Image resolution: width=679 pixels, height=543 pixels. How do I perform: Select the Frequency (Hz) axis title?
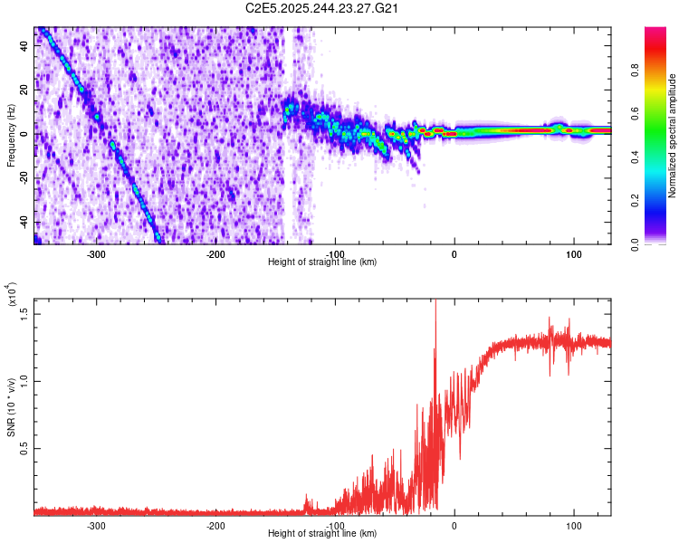12,136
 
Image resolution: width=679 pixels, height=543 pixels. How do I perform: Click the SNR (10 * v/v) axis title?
12,406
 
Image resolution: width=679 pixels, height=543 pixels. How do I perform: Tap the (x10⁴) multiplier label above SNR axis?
12,295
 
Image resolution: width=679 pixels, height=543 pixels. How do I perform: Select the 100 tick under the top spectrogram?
574,254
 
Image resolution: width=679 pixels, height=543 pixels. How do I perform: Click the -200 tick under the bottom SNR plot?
215,526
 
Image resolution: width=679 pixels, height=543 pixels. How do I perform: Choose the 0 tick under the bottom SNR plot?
454,526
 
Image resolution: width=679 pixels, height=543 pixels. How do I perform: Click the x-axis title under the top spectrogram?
323,262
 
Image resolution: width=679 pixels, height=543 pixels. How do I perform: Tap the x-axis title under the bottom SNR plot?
323,534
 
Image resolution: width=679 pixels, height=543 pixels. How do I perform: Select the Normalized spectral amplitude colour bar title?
672,136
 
